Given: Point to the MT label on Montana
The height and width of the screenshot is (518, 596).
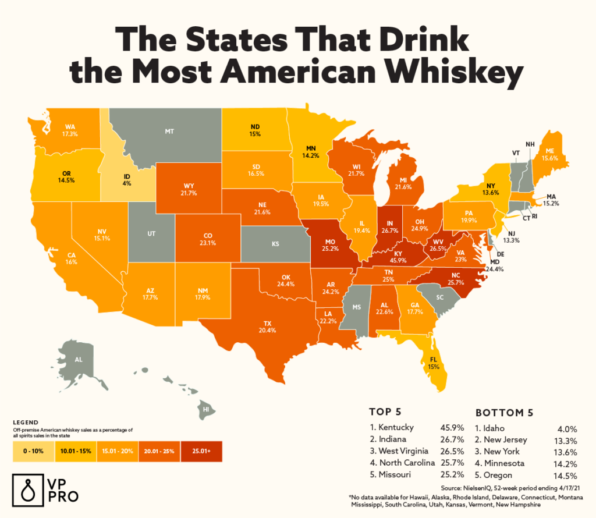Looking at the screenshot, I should pos(169,132).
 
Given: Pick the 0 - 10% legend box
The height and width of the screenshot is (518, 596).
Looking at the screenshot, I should pos(33,451).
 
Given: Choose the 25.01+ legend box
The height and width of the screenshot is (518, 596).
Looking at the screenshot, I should pos(201,451).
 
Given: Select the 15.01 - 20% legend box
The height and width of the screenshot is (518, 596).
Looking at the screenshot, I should pos(116,451).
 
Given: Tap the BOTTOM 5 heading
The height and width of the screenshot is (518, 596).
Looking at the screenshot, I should pos(505,413).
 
